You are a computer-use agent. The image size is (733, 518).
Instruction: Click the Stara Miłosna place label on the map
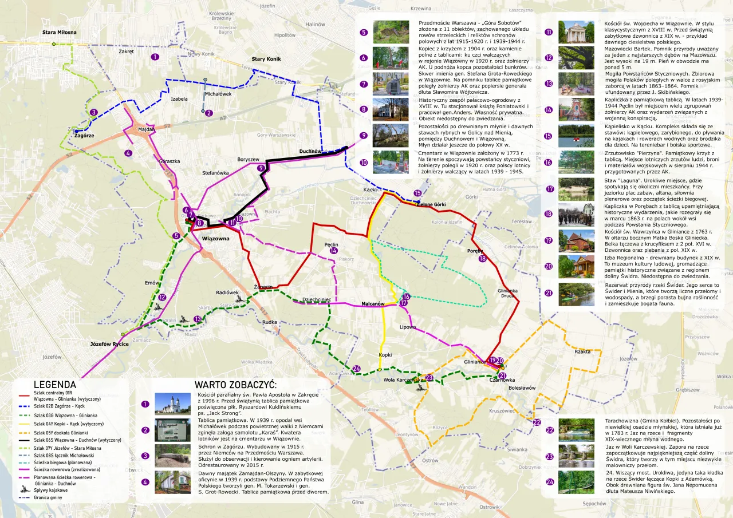(59, 32)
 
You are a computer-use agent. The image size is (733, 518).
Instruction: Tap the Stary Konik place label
(266, 59)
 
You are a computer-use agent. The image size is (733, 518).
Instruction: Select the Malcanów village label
(372, 304)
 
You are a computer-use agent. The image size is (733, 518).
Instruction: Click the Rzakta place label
(582, 351)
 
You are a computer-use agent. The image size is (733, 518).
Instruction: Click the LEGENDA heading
(55, 385)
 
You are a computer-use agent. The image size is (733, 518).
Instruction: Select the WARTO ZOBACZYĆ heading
(235, 384)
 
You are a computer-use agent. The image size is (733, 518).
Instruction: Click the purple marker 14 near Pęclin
(334, 251)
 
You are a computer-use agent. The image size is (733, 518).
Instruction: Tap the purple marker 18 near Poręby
(482, 259)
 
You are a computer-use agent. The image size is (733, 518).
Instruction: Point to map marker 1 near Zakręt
(155, 57)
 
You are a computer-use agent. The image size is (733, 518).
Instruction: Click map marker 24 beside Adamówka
(357, 369)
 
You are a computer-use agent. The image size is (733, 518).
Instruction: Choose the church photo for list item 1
(172, 404)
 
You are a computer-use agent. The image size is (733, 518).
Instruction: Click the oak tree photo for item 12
(576, 58)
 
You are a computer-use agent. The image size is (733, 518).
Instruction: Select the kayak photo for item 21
(576, 294)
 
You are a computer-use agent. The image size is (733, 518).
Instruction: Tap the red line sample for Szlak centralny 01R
(23, 396)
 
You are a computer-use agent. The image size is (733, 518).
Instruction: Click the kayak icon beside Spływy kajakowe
(23, 490)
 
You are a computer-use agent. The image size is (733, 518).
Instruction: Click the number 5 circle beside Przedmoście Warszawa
(364, 33)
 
